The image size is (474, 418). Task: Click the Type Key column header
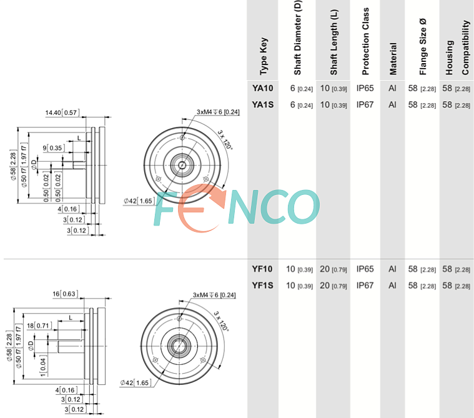pos(264,56)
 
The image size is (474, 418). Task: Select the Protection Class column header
pos(365,41)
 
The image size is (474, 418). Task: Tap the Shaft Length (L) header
pos(333,42)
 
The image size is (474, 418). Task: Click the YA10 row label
pos(263,88)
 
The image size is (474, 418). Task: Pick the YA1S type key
pos(263,104)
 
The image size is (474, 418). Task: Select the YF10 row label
pos(262,269)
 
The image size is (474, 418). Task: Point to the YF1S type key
pos(262,285)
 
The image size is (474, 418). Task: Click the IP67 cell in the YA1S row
pos(365,104)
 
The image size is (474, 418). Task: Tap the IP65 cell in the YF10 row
pos(365,269)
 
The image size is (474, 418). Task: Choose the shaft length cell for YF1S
pos(333,286)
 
